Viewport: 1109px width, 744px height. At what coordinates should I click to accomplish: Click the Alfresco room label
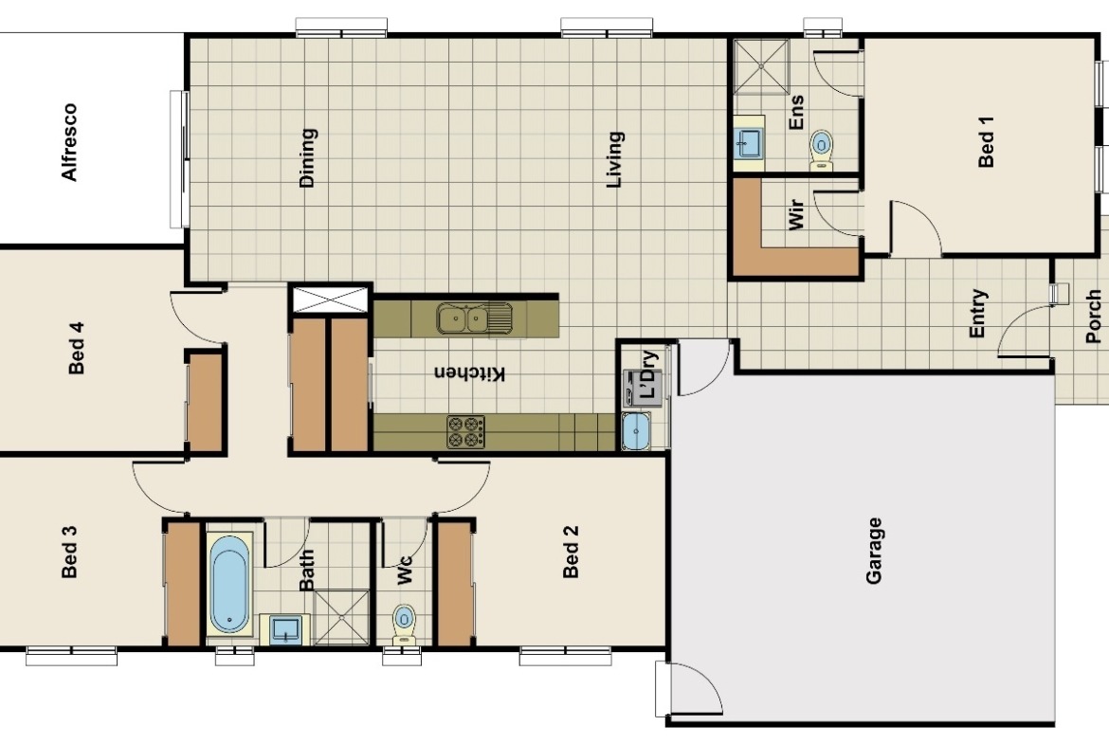tap(69, 142)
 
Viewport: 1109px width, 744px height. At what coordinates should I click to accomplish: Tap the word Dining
tap(307, 157)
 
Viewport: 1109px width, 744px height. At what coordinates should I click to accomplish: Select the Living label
tap(614, 160)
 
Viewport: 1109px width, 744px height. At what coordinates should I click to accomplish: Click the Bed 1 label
tap(986, 141)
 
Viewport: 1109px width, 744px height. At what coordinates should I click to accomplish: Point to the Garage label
tap(874, 551)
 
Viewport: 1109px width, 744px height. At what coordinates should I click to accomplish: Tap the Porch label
tap(1094, 317)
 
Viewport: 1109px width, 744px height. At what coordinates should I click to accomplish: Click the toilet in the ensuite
tap(821, 149)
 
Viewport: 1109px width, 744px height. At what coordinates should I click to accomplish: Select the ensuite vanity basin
tap(748, 143)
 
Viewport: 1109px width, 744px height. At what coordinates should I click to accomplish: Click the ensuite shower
tap(761, 66)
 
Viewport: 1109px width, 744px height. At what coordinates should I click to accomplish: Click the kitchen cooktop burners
tap(466, 431)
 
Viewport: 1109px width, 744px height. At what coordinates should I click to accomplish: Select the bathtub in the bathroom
tap(230, 584)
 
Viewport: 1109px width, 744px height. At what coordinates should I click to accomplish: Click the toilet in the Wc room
tap(404, 625)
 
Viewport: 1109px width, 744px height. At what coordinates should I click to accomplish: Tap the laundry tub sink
tap(636, 430)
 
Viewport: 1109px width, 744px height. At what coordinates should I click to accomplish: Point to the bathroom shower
tap(341, 617)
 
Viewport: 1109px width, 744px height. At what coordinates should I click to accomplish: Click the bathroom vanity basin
tap(285, 629)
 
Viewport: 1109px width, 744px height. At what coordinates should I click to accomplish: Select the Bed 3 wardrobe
tap(183, 584)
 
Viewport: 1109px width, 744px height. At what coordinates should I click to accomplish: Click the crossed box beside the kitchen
tap(330, 299)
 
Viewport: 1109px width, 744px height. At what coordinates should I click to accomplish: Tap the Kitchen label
tap(469, 372)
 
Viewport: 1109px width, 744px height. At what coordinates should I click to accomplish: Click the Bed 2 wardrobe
tap(454, 584)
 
